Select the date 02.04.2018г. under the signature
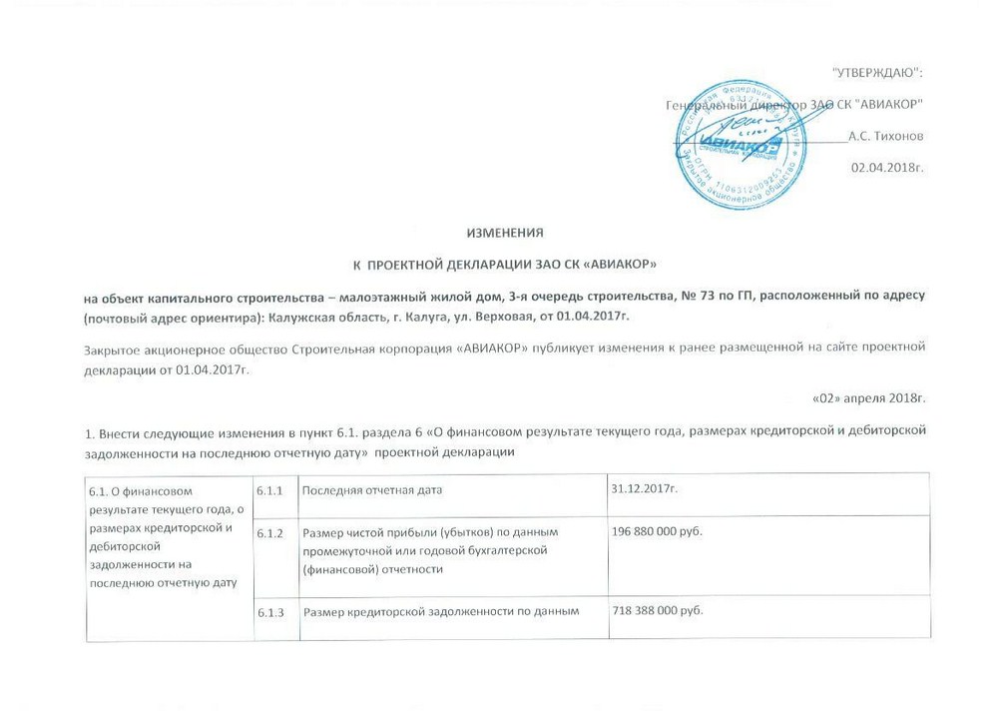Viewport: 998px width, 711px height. click(887, 165)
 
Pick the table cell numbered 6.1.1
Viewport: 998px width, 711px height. click(269, 489)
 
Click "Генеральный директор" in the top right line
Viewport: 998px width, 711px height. click(725, 105)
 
